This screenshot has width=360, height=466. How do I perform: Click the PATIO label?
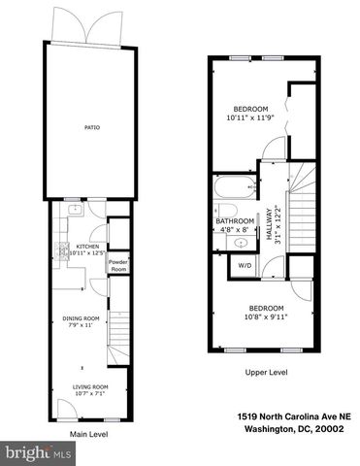(92, 127)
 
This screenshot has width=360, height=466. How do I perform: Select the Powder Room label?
(118, 263)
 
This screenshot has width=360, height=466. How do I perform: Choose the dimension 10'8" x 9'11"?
(265, 315)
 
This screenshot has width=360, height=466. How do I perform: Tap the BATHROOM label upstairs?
(235, 221)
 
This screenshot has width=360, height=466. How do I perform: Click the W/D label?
(245, 265)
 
